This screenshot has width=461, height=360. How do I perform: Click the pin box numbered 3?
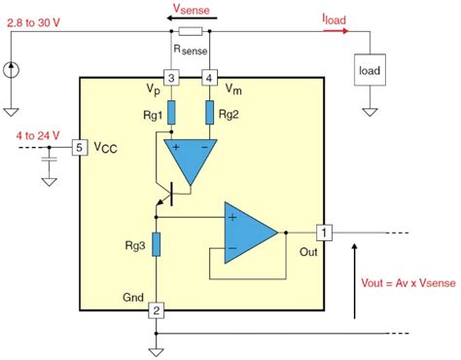[171, 77]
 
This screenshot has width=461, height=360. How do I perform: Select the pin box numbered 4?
[208, 77]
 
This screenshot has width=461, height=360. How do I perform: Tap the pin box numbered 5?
[81, 148]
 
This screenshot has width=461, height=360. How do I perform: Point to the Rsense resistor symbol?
[190, 31]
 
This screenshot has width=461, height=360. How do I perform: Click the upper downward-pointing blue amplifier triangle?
[190, 157]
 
